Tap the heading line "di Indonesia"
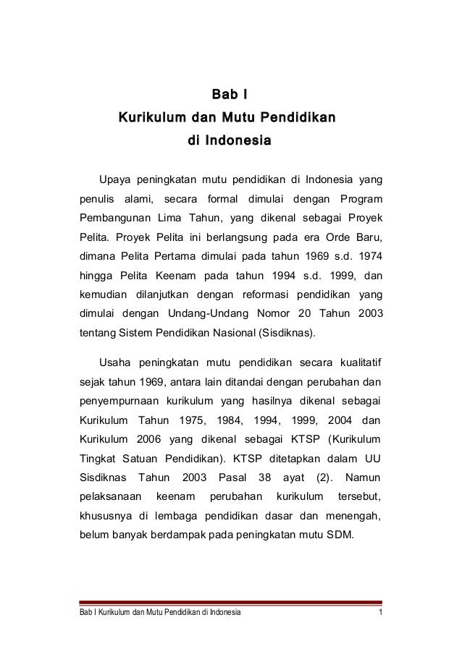point(230,138)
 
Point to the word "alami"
point(134,199)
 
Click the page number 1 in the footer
point(381,614)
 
